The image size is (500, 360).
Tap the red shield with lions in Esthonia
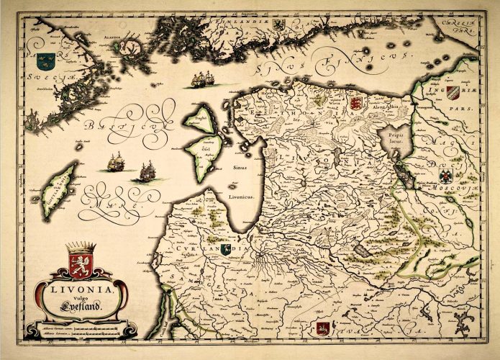355,103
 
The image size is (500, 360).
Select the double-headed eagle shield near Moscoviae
446,175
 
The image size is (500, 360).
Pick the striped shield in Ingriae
452,91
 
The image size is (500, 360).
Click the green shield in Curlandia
227,248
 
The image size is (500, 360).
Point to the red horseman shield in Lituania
322,328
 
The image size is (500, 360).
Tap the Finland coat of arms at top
278,24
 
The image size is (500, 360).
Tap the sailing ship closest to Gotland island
116,163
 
